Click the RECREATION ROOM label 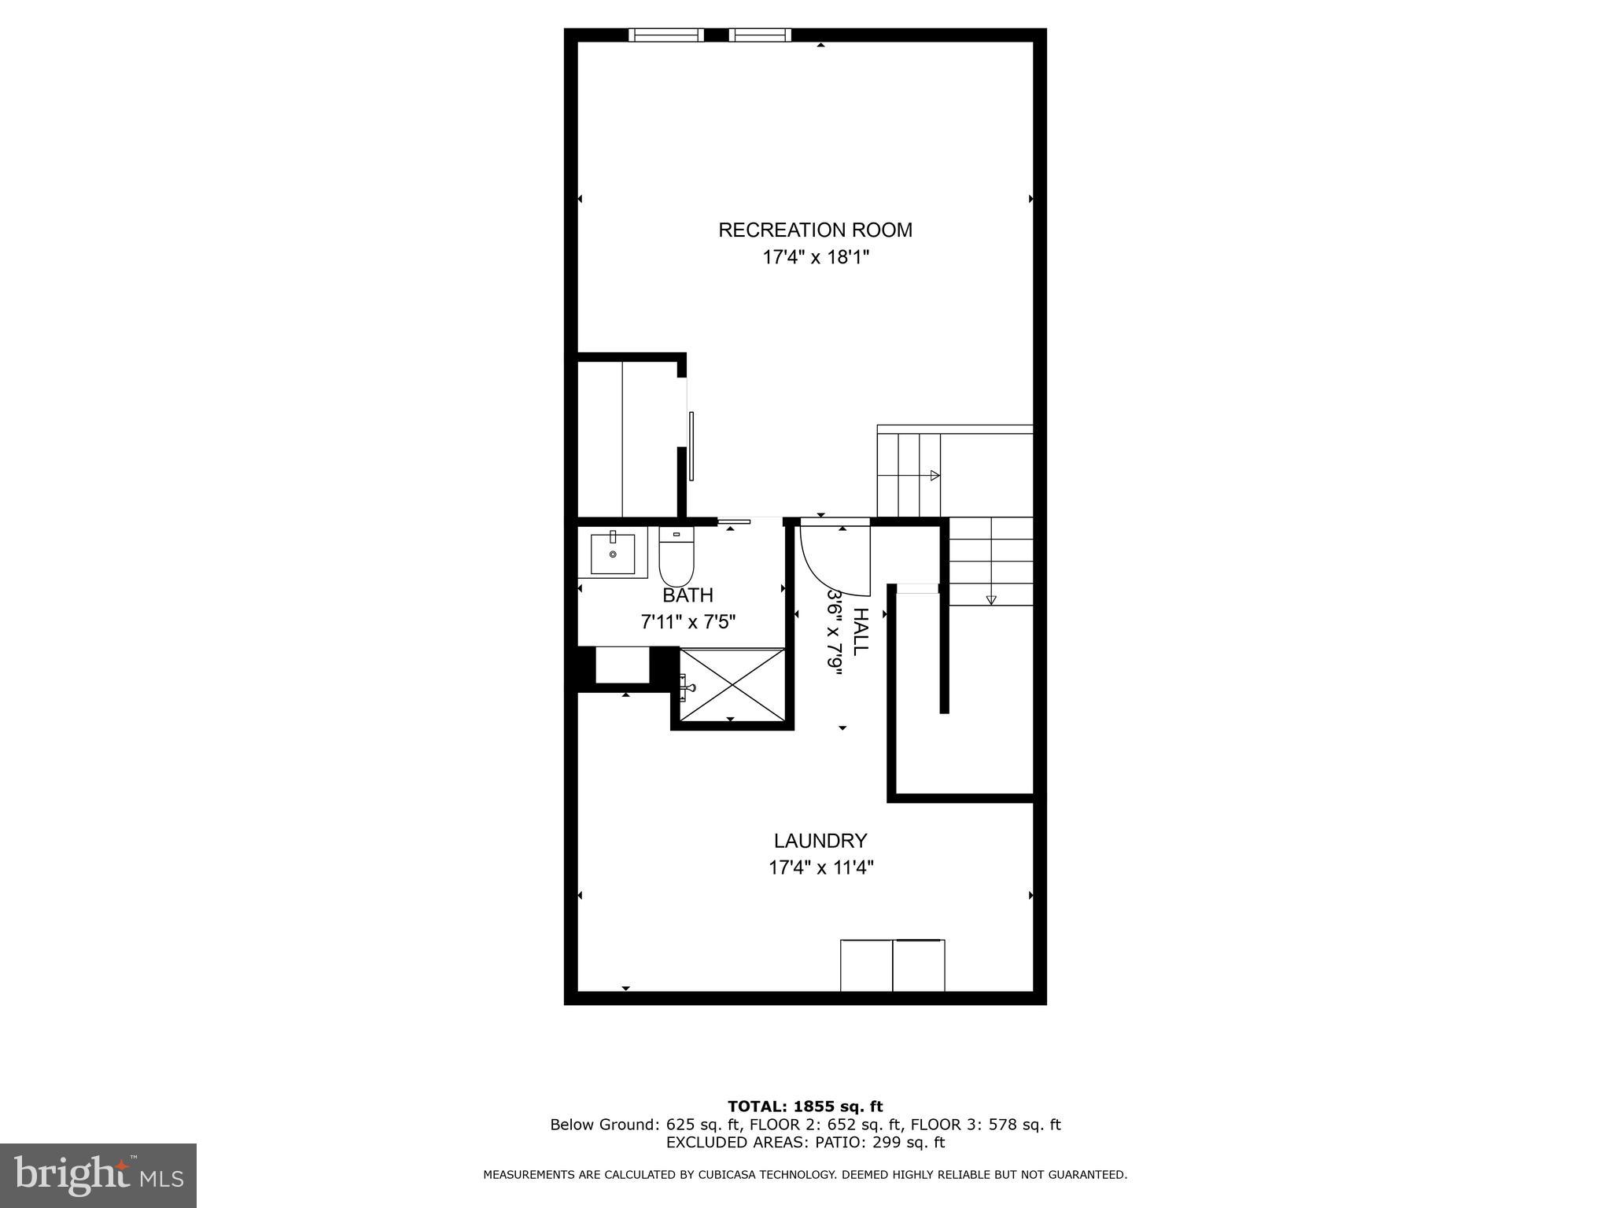tap(815, 230)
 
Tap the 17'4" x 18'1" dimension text tap(815, 257)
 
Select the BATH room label tap(688, 595)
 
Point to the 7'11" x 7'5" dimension tap(688, 622)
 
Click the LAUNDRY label tap(820, 841)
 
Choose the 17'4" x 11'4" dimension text tap(820, 867)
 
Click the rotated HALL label tap(861, 631)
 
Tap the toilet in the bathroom tap(676, 556)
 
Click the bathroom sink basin tap(613, 554)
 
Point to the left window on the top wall tap(666, 35)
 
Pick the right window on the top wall tap(759, 35)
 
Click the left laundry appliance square tap(866, 965)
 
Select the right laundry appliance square tap(919, 965)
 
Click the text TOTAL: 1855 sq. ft tap(805, 1107)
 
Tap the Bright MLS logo tap(98, 1175)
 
